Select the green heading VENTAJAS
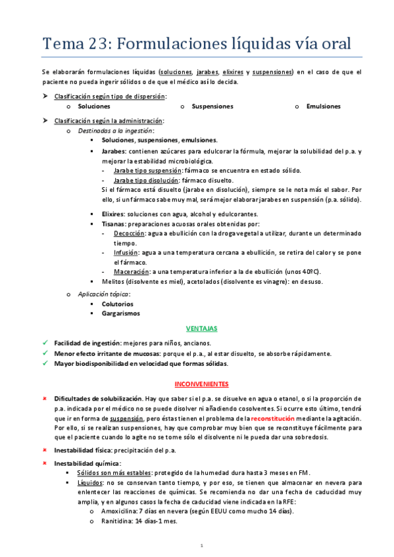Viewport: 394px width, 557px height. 201,328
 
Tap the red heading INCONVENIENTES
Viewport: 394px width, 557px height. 201,383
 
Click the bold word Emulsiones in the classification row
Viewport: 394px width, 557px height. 323,106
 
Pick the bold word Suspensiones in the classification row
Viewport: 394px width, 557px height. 212,106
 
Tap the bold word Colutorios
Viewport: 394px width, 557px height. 117,303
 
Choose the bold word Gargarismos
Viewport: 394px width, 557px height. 120,313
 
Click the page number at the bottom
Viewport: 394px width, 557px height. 201,545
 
